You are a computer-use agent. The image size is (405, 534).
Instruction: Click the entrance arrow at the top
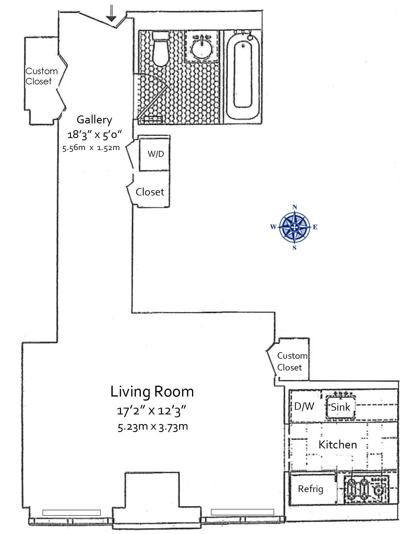click(111, 13)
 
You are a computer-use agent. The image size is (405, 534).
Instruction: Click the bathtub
click(243, 76)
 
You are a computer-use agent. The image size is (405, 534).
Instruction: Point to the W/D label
click(156, 154)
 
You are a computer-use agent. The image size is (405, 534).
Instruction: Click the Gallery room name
click(94, 120)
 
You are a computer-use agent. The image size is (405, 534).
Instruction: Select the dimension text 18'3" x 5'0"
click(94, 135)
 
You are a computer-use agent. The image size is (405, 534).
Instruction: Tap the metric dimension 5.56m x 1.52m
click(91, 148)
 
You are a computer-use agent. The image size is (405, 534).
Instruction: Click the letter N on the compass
click(295, 207)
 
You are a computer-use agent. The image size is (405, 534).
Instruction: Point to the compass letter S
click(294, 248)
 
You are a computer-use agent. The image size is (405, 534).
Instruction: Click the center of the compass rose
click(295, 227)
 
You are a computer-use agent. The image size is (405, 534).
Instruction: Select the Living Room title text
click(152, 392)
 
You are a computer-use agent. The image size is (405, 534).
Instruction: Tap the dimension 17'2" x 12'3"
click(152, 411)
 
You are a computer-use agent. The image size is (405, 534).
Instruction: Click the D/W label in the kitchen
click(304, 406)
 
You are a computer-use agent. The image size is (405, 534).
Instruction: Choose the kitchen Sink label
click(340, 407)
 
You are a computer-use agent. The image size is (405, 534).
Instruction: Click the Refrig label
click(310, 489)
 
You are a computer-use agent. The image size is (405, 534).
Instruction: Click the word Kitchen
click(338, 445)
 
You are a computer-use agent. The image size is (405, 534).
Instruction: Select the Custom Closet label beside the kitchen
click(292, 361)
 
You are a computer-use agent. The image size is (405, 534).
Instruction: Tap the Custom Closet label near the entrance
click(41, 76)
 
